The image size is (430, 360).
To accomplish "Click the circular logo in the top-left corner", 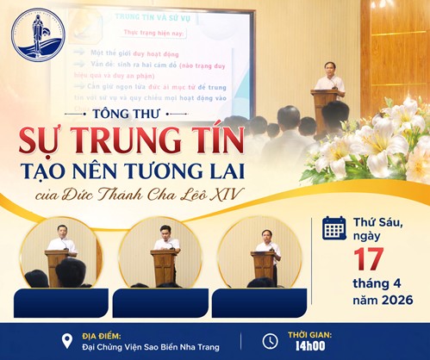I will pyautogui.click(x=39, y=34).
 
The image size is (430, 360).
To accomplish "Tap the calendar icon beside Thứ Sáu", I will pyautogui.click(x=334, y=228).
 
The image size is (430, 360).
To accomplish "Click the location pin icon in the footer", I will pyautogui.click(x=67, y=340).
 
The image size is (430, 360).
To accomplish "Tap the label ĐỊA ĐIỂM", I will pyautogui.click(x=103, y=334).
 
